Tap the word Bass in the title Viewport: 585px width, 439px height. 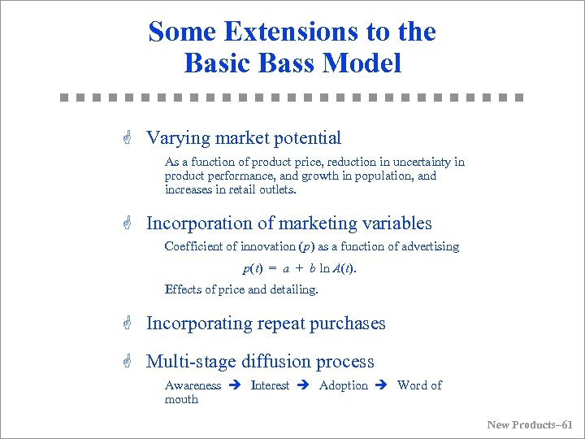291,63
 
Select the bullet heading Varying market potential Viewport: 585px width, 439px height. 243,138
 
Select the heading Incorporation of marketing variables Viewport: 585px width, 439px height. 288,224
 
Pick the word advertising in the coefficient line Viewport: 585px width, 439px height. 428,246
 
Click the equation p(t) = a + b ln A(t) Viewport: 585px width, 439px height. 300,268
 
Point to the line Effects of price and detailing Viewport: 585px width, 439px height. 241,289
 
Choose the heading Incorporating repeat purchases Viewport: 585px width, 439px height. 266,324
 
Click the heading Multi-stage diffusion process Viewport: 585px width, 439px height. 260,362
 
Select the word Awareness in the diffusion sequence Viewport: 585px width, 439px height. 193,385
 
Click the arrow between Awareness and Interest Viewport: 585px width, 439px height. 236,385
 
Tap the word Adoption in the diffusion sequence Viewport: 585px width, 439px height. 344,385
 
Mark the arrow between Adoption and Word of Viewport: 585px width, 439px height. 382,385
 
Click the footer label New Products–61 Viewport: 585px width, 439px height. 529,424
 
